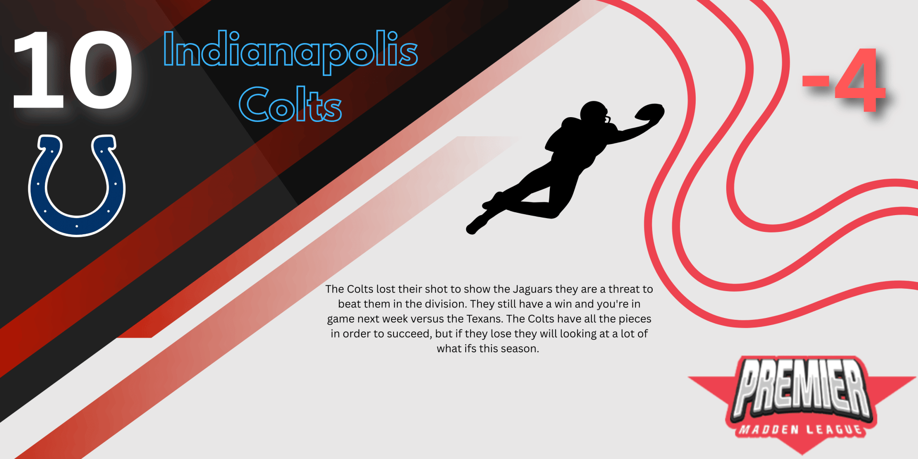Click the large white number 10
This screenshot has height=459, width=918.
click(x=72, y=70)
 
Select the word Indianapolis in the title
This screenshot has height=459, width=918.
click(x=290, y=51)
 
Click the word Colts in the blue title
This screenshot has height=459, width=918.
click(x=290, y=104)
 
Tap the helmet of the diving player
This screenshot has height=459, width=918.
click(x=594, y=113)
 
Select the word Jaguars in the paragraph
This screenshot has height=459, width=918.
click(x=533, y=289)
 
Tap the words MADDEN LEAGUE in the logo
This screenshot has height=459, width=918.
click(x=801, y=429)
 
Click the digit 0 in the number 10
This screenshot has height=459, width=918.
click(x=101, y=70)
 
